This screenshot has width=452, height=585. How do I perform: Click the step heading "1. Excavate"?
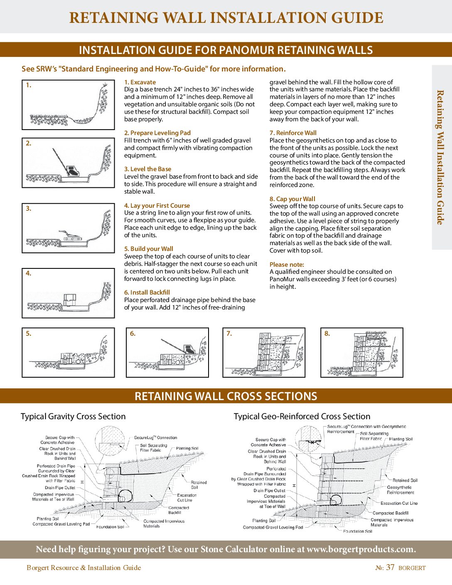(x=140, y=82)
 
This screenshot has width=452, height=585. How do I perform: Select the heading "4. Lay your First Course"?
(x=157, y=206)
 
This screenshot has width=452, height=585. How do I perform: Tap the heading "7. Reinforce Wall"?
(x=293, y=133)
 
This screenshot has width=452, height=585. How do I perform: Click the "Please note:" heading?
(x=287, y=265)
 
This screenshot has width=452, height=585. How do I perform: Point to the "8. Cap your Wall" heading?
(x=292, y=199)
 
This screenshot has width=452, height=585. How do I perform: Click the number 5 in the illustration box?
(x=28, y=334)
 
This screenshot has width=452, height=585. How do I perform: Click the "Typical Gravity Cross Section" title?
(x=73, y=416)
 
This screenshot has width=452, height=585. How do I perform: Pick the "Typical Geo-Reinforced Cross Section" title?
(x=302, y=416)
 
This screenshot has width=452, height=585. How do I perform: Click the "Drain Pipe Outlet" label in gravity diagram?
(x=60, y=488)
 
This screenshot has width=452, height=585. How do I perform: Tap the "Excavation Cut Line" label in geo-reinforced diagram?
(x=399, y=503)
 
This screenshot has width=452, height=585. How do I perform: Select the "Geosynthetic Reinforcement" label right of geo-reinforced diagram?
(x=400, y=490)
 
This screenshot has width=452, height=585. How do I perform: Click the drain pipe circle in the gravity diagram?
(x=124, y=496)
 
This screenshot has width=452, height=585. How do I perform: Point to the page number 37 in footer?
(x=390, y=568)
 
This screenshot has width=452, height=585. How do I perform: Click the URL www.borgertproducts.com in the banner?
(x=361, y=549)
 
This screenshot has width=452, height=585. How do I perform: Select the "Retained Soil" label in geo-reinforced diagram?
(x=405, y=480)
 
